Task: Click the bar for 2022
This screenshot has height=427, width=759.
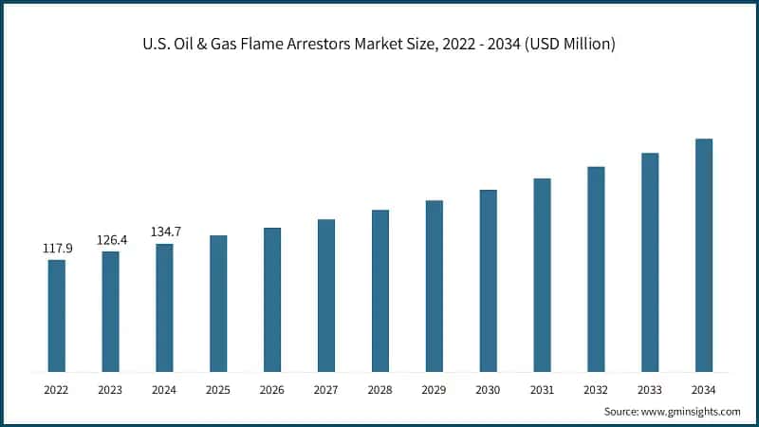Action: pyautogui.click(x=57, y=315)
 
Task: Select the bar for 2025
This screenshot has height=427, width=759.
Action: pyautogui.click(x=218, y=303)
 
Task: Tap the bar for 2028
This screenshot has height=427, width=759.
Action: pyautogui.click(x=379, y=290)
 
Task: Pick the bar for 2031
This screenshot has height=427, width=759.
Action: pyautogui.click(x=542, y=274)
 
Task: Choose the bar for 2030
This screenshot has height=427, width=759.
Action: pyautogui.click(x=488, y=280)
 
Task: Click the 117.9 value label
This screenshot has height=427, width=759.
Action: pyautogui.click(x=57, y=249)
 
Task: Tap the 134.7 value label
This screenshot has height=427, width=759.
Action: pyautogui.click(x=165, y=232)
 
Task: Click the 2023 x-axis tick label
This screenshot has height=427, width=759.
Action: pyautogui.click(x=111, y=389)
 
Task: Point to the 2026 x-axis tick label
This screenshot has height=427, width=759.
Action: pyautogui.click(x=272, y=389)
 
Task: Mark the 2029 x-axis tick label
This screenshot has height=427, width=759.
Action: pyautogui.click(x=434, y=389)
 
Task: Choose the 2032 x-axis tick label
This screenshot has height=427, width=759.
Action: pyautogui.click(x=596, y=389)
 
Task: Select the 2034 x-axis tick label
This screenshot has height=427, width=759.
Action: pyautogui.click(x=703, y=389)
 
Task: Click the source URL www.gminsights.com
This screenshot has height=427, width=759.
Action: pyautogui.click(x=692, y=411)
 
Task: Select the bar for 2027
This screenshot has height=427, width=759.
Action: pyautogui.click(x=326, y=295)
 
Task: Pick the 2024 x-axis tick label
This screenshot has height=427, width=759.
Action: pyautogui.click(x=165, y=389)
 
